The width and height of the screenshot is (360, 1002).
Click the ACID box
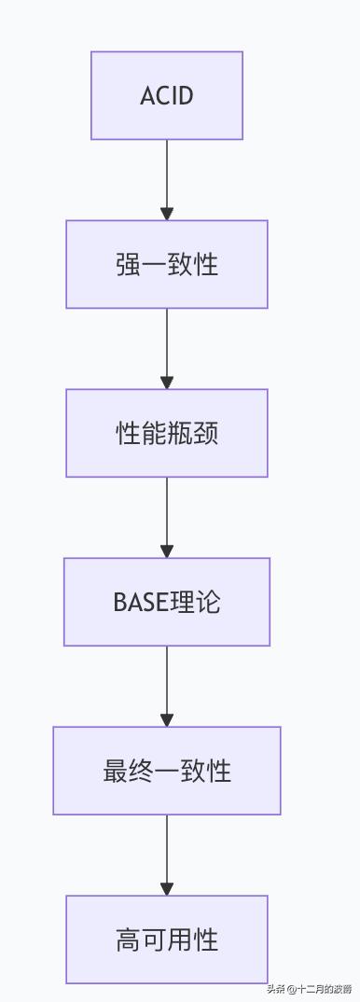tap(167, 96)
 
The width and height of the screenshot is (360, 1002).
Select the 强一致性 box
tap(167, 265)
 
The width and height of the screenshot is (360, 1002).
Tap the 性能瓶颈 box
tap(167, 434)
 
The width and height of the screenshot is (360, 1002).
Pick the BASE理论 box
tap(167, 602)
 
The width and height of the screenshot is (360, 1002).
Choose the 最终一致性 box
tap(167, 771)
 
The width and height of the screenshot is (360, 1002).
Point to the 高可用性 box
tap(167, 939)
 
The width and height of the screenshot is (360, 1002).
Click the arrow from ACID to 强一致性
tap(167, 177)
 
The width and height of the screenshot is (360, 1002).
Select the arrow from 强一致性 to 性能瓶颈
tap(167, 346)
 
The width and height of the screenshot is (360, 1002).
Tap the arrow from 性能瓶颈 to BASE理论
tap(167, 515)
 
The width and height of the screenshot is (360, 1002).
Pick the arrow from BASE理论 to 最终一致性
tap(167, 684)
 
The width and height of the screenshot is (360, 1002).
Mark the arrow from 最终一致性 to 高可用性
tap(167, 853)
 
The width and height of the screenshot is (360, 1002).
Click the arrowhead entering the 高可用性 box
tap(167, 889)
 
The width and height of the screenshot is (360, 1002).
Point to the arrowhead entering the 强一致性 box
tap(167, 215)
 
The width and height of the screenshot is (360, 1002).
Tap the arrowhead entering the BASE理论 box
tap(167, 551)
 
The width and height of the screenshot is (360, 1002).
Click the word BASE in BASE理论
tap(140, 603)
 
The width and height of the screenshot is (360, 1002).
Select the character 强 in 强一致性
tap(129, 265)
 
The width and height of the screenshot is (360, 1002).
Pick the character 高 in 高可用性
tap(129, 939)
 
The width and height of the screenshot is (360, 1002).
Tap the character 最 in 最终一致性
tap(116, 772)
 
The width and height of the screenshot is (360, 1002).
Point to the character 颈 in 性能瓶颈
tap(206, 434)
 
